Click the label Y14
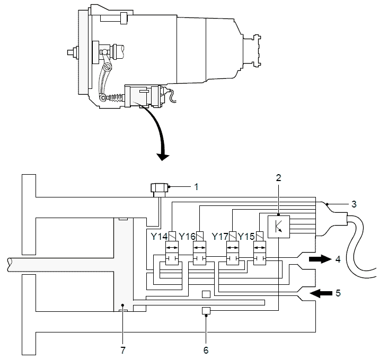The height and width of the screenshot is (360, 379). pyautogui.click(x=159, y=236)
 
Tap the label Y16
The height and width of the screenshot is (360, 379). pyautogui.click(x=187, y=236)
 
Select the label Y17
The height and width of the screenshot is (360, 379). pyautogui.click(x=220, y=236)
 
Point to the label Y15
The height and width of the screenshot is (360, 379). pyautogui.click(x=246, y=236)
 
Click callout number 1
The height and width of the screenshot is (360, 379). pyautogui.click(x=197, y=187)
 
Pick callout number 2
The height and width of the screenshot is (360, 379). pyautogui.click(x=278, y=178)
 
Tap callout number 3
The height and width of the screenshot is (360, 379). pyautogui.click(x=354, y=204)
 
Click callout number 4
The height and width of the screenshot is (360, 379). pyautogui.click(x=338, y=259)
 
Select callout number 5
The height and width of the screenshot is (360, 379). pyautogui.click(x=338, y=293)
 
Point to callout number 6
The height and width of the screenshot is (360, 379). pyautogui.click(x=206, y=350)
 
